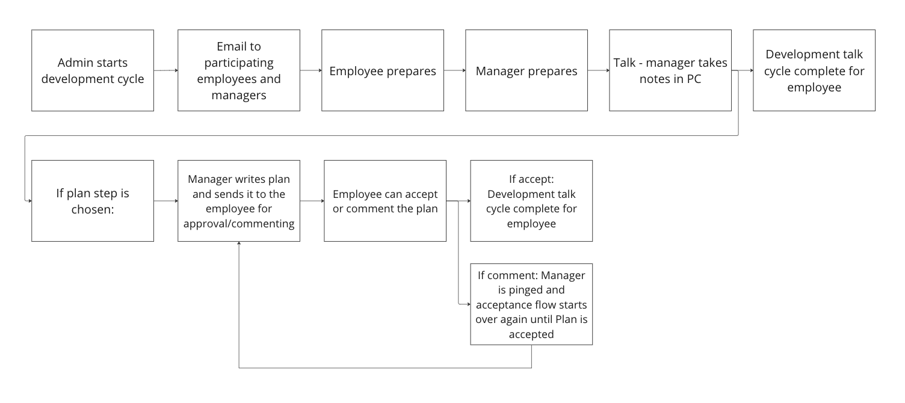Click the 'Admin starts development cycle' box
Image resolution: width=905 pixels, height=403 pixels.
pos(93,70)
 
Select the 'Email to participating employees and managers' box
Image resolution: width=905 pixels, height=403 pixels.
pos(239,70)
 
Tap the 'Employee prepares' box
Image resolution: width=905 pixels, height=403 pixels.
pos(383,70)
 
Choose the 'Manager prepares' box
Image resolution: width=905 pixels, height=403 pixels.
pos(527,70)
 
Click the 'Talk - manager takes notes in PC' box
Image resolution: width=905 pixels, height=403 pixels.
pos(670,70)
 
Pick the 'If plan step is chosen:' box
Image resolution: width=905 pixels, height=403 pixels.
pos(93,201)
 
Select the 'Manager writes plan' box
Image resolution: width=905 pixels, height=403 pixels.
pos(239,201)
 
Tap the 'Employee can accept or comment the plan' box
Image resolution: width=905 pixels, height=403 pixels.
pos(385,201)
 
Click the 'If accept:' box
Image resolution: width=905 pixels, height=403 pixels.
pos(531,201)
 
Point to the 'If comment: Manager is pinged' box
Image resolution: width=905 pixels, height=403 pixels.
pos(531,304)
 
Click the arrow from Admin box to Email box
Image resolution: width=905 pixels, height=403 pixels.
pos(166,70)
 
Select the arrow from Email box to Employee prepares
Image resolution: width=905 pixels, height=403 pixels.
pos(311,70)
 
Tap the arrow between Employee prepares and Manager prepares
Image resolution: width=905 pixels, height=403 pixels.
pos(455,70)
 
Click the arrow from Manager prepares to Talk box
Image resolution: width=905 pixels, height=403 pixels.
pos(599,70)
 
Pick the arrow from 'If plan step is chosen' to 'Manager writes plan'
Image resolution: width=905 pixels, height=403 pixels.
pos(166,201)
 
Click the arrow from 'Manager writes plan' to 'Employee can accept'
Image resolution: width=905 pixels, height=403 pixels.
pos(312,201)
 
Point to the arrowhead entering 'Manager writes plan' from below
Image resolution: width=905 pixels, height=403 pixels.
pos(239,243)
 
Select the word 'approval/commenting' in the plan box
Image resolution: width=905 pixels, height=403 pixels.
pos(239,224)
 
